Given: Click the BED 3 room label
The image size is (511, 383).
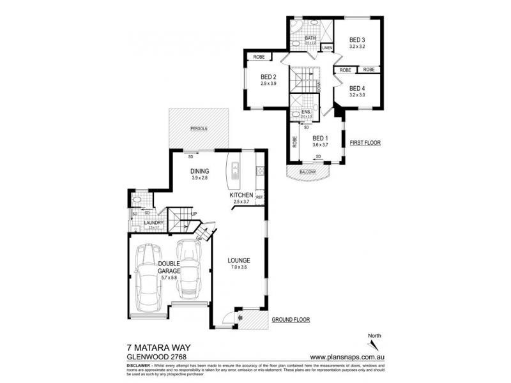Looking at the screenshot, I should (x=357, y=40).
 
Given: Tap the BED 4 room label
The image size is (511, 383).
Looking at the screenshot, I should (x=357, y=88).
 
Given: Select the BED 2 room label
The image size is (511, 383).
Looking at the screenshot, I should (x=268, y=77).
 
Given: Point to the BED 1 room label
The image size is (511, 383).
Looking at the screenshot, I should (x=319, y=138).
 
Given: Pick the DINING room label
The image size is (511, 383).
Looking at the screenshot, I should (x=201, y=171).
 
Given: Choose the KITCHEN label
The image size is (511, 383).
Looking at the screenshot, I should (x=242, y=195).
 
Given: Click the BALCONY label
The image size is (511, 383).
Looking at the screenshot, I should (x=309, y=172).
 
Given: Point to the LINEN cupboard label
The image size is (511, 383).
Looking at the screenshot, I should (x=327, y=48).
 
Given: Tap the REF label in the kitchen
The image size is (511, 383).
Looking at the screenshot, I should (x=259, y=197).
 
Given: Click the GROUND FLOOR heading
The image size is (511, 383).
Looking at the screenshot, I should (x=291, y=319).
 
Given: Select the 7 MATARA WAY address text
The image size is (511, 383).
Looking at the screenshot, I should (x=157, y=349).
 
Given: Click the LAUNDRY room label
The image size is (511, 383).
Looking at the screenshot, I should (x=154, y=222).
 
